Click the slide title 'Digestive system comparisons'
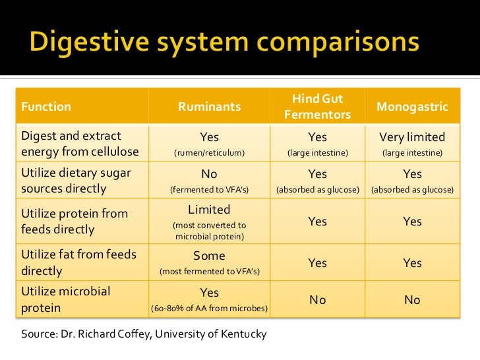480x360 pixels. coord(225,43)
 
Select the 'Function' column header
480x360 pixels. coord(46,106)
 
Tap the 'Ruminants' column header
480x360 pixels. coord(209,106)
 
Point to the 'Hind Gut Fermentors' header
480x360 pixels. coord(317,106)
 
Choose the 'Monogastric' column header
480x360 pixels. coord(412,106)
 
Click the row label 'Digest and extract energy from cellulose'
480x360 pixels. coord(80,144)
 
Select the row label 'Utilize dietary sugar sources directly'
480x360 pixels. coord(76,181)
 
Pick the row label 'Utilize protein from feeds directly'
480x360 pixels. coord(75,222)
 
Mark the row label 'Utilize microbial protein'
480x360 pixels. coord(66,299)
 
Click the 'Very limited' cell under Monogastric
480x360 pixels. coord(412,137)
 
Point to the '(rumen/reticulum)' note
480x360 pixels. coord(209,153)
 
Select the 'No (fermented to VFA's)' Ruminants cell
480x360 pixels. coord(209,181)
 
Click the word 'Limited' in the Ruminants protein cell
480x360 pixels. coord(209,210)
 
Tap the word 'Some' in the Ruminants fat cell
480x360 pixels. coord(209,256)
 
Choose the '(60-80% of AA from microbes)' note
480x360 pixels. coord(209,309)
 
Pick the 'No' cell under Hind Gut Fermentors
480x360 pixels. coord(317,300)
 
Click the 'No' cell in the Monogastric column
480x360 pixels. coord(412,300)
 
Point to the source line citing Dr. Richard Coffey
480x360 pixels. coord(144,334)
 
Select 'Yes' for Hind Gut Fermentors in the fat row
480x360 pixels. coord(317,263)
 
